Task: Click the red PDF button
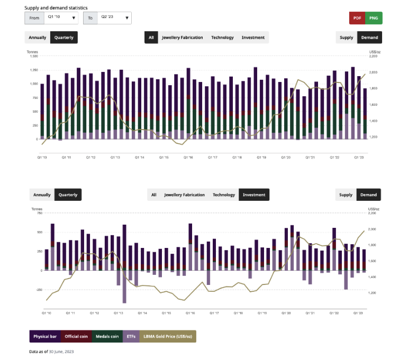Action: click(x=357, y=18)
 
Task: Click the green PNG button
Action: click(x=374, y=18)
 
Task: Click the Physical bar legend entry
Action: click(x=45, y=336)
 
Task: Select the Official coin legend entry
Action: click(x=77, y=336)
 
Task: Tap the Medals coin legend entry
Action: click(x=108, y=336)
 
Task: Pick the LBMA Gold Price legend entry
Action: click(x=168, y=336)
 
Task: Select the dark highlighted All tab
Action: click(x=151, y=38)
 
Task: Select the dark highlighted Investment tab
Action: click(x=254, y=195)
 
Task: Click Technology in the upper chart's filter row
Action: click(x=222, y=38)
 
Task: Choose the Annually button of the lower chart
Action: click(x=42, y=195)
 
